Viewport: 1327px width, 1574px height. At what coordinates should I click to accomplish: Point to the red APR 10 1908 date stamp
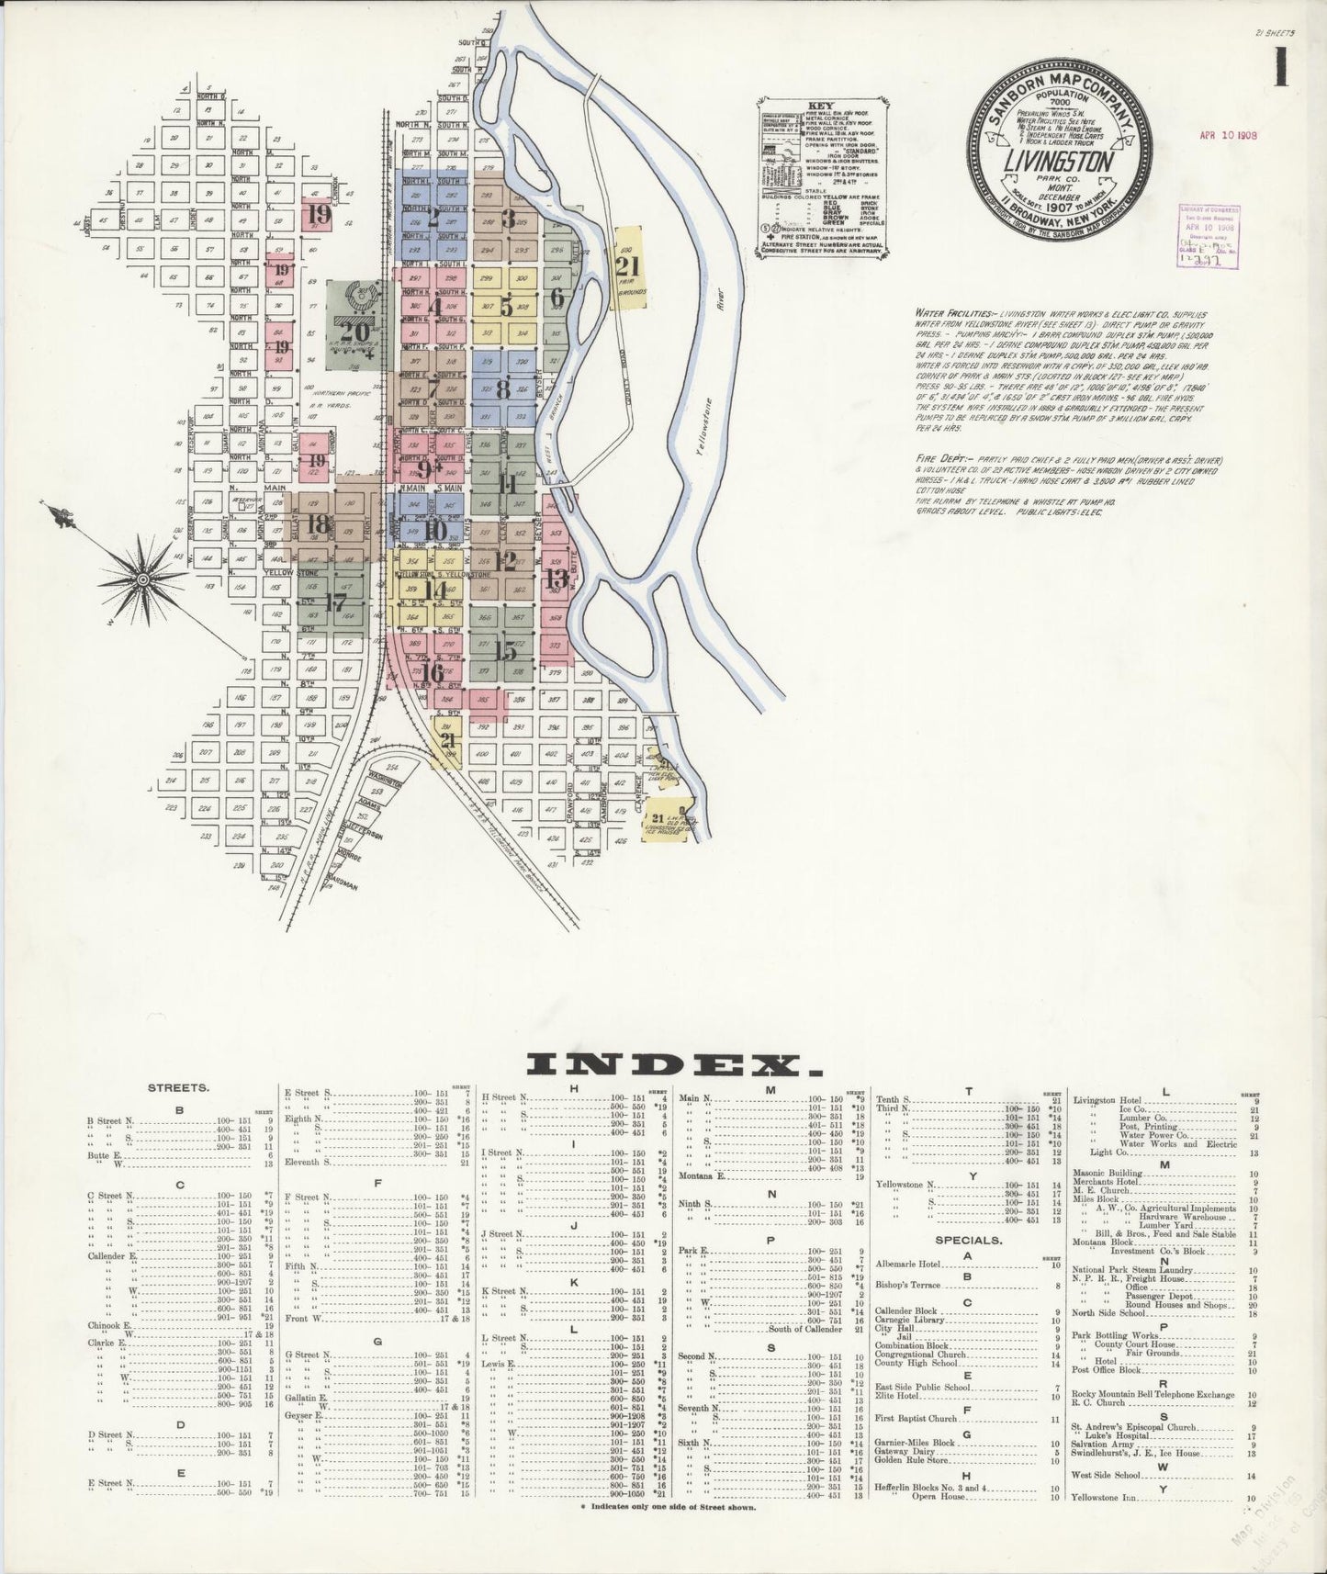(x=1227, y=134)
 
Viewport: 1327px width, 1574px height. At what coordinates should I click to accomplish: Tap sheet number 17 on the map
(x=337, y=603)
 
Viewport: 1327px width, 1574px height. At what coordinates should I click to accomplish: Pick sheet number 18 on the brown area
(x=320, y=524)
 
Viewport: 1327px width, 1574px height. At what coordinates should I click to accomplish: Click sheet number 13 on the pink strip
(x=557, y=579)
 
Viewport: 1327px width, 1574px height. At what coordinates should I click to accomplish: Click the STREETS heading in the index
(x=179, y=1087)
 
